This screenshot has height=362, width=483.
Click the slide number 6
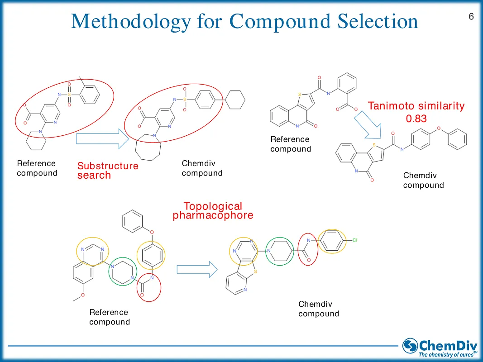(471, 17)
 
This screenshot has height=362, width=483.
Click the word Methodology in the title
(130, 21)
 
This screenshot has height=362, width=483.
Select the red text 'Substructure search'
(107, 171)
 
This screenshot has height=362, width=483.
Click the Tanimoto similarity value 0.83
(416, 119)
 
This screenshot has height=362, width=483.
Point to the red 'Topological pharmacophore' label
(213, 211)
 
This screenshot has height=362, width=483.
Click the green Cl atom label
(355, 240)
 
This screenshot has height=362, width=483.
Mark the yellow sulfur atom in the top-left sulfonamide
(69, 95)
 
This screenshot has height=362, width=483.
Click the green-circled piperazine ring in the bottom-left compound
(122, 271)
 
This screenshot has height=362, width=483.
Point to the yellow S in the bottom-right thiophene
(255, 272)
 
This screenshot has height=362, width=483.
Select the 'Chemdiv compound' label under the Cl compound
(318, 309)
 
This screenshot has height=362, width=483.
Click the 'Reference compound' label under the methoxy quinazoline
(109, 317)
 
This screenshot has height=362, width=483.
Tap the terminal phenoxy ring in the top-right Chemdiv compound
(457, 139)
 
